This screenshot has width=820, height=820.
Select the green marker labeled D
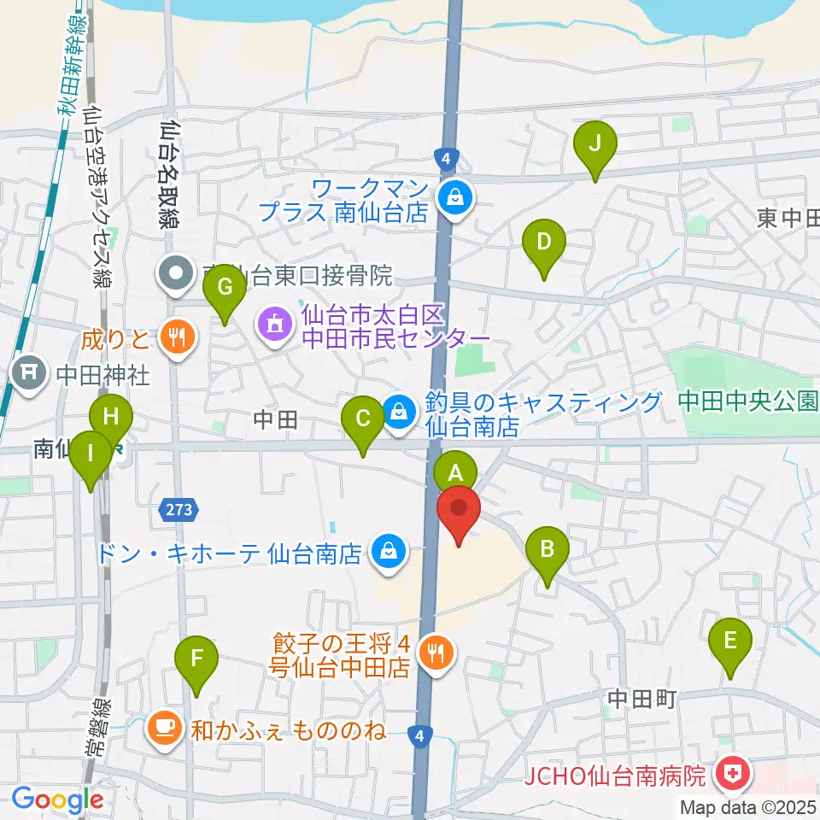(x=543, y=243)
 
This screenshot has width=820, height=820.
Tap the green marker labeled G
(x=224, y=288)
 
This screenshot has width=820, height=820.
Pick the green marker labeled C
(x=362, y=420)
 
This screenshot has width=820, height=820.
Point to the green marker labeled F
(x=197, y=660)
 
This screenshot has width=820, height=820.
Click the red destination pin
(x=459, y=510)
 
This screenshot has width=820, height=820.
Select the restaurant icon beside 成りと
(x=178, y=337)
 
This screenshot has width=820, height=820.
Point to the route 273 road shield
(x=179, y=510)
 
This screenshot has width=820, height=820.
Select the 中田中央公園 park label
(x=748, y=401)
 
